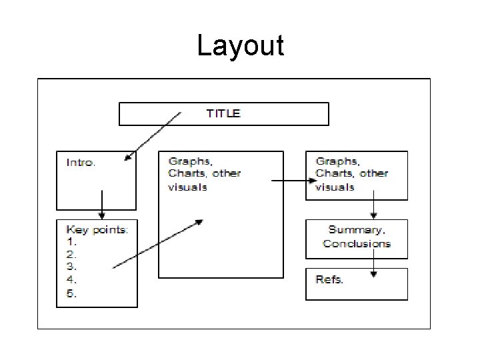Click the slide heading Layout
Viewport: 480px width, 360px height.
240,46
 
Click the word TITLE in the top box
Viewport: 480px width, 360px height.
223,113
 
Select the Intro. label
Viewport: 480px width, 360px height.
81,162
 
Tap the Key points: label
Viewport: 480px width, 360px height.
97,230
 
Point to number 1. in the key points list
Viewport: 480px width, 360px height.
71,242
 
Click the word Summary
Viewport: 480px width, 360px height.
356,230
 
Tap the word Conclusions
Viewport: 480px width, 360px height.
357,243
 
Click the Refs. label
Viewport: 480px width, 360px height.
329,279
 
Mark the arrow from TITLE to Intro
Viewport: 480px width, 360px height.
153,137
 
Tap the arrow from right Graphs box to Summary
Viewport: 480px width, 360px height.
374,204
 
